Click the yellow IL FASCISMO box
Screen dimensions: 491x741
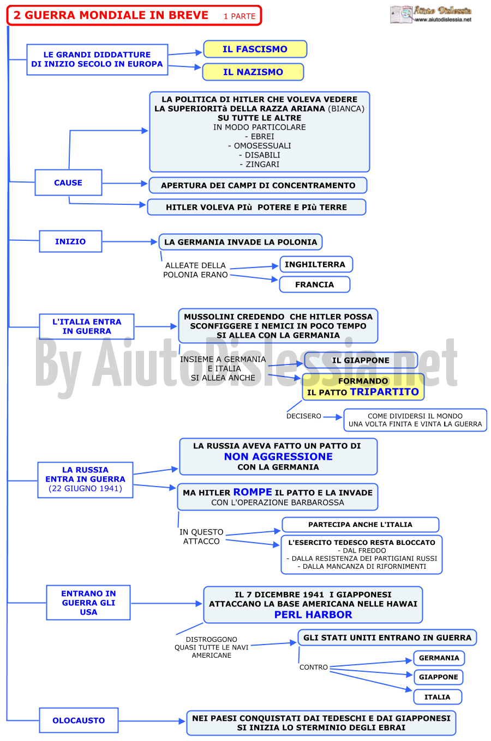tap(255, 49)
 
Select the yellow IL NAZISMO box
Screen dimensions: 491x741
tap(253, 72)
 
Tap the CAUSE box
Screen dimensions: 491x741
tap(68, 183)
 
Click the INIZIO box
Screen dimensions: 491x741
tap(70, 241)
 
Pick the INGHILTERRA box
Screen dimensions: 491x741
tap(316, 264)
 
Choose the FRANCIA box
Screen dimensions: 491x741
tap(315, 284)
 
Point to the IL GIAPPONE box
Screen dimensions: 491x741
tap(361, 360)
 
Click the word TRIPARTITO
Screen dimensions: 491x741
tap(384, 392)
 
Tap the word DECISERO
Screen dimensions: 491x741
tap(304, 416)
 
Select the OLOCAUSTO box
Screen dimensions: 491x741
tap(79, 720)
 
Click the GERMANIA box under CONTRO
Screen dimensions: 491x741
tap(439, 658)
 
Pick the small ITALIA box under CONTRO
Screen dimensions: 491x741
tap(438, 697)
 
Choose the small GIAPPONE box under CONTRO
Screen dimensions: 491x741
tap(438, 677)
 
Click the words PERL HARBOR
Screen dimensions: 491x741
tap(313, 615)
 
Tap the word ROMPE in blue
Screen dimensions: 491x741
tap(253, 492)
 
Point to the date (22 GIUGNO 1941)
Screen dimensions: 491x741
tap(85, 488)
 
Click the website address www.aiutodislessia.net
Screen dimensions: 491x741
tap(443, 20)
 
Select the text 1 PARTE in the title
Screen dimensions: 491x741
tap(239, 16)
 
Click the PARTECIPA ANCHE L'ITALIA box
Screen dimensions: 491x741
tap(361, 525)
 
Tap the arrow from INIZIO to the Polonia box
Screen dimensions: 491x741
tap(129, 242)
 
